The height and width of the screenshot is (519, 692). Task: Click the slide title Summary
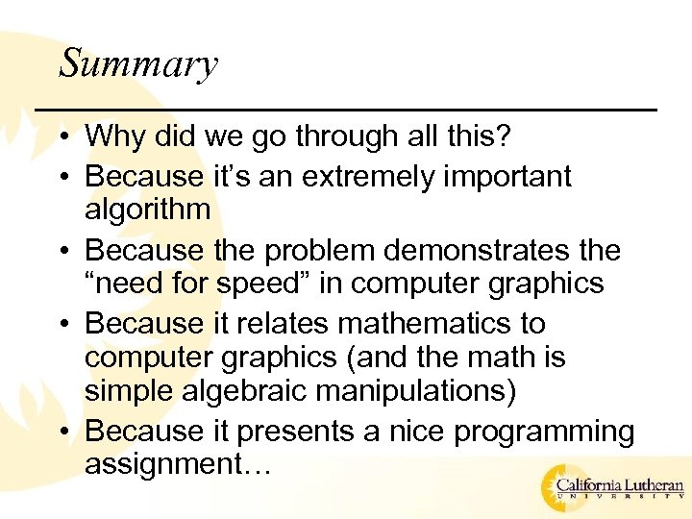pyautogui.click(x=138, y=65)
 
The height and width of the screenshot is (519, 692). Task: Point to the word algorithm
pyautogui.click(x=147, y=210)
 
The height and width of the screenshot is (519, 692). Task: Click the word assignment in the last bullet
pyautogui.click(x=167, y=465)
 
